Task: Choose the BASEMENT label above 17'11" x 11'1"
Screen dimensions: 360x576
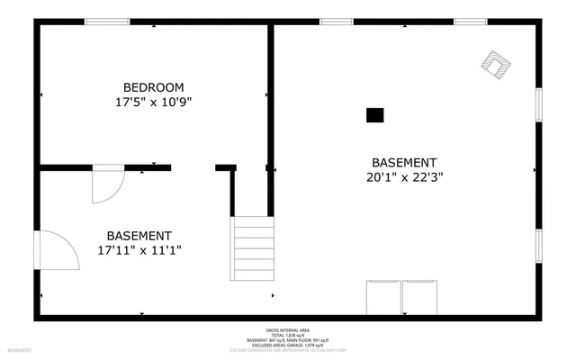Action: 139,236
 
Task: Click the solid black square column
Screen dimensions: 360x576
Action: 374,114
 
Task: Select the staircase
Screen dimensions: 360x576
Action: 254,248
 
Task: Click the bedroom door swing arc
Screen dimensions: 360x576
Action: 109,184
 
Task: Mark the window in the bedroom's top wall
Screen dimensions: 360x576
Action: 107,22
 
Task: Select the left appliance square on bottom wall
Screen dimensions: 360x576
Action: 382,297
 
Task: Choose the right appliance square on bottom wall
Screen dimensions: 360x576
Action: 419,297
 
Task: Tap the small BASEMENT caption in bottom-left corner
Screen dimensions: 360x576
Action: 21,350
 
